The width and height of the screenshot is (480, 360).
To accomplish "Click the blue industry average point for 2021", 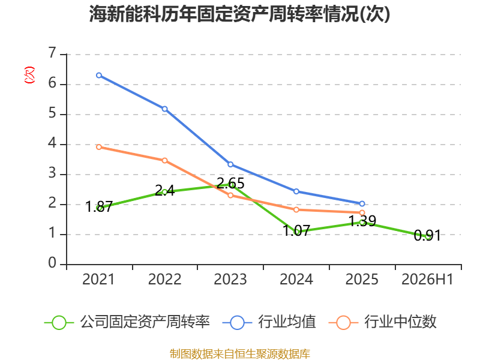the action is coord(99,76).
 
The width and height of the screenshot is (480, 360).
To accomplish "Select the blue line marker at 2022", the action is coord(164,109).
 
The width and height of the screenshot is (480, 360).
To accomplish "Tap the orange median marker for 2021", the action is coord(99,147).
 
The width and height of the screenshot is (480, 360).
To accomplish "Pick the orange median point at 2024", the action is coord(296,209).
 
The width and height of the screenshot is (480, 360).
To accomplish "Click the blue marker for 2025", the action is coord(362,203).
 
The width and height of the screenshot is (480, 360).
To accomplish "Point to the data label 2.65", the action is coord(230,184).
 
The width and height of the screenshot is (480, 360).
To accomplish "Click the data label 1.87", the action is coord(99,206).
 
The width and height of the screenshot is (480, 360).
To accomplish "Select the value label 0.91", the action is coord(427,235).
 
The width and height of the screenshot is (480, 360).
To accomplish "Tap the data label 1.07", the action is coord(296,230).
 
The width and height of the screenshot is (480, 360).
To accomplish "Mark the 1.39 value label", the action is coord(362,221).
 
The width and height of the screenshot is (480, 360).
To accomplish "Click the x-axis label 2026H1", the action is coord(427,279).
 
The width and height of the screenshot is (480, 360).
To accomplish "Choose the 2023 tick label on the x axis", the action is coord(230,279).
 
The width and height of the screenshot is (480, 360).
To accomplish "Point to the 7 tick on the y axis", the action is coord(52,53).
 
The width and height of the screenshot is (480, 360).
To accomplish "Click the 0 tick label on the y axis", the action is coord(52,263).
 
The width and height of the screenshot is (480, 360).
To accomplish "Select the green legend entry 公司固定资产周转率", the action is coord(127,322).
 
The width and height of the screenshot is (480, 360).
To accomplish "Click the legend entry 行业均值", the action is coord(269,322).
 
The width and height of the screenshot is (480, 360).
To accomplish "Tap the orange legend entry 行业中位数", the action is coord(382,322).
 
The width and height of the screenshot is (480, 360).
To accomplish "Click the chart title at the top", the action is coord(239,14).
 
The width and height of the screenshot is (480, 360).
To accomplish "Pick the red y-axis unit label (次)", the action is coord(29,75).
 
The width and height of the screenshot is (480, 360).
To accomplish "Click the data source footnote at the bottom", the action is coord(239,354).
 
